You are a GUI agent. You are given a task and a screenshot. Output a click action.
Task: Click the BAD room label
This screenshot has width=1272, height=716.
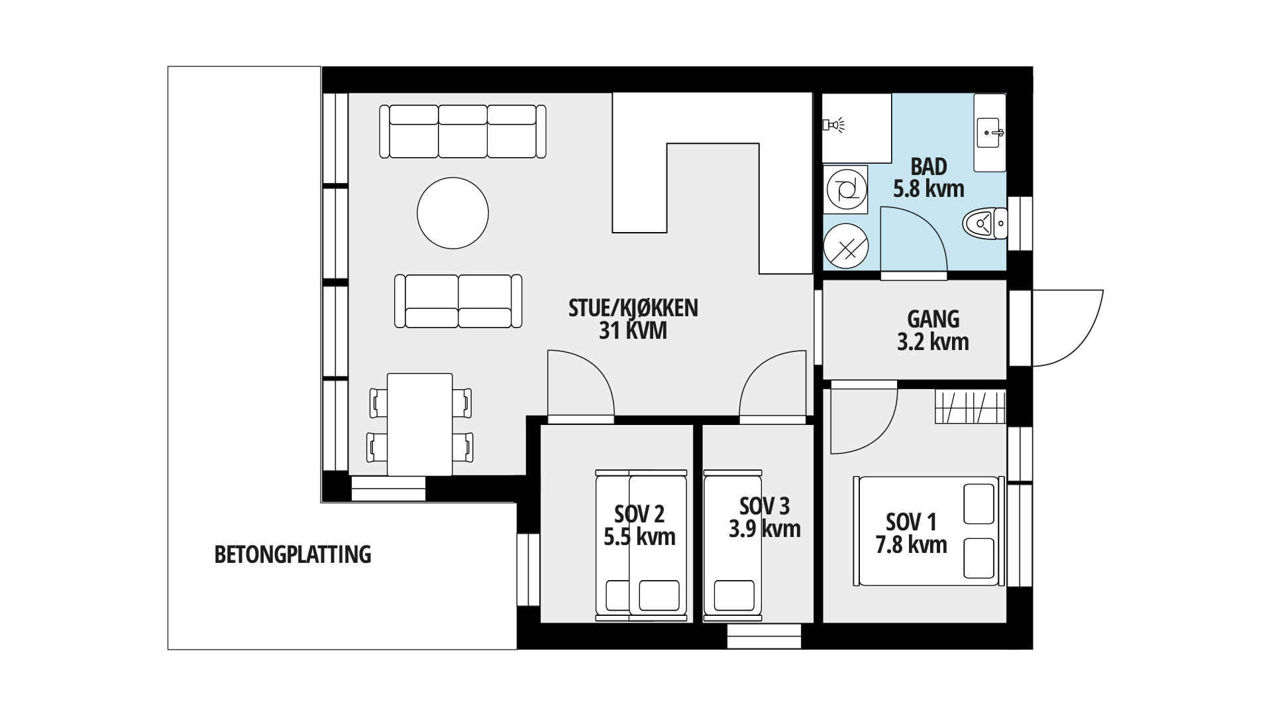(x=929, y=166)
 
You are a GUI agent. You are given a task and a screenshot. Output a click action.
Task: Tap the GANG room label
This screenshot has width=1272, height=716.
(x=933, y=319)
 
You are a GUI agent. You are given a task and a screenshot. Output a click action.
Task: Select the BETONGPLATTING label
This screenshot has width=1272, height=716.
(x=293, y=554)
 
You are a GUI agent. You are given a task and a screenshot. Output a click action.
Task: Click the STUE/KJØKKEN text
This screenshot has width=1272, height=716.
(x=633, y=308)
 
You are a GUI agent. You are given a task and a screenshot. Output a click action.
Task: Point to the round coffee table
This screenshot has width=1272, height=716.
(x=452, y=213)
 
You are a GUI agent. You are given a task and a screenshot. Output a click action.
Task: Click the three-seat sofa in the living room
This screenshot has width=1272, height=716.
(x=463, y=131)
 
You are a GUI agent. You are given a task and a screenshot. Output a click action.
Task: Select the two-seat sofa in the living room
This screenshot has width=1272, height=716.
(x=458, y=301)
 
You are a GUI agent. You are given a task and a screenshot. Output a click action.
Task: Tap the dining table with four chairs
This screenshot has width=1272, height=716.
(x=420, y=424)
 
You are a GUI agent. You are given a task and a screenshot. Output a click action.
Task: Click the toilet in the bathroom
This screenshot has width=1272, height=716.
(x=984, y=223)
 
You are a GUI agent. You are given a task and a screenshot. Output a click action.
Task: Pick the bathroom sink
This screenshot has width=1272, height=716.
(x=990, y=133)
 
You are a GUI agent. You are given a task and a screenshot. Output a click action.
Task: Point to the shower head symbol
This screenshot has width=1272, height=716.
(x=833, y=124)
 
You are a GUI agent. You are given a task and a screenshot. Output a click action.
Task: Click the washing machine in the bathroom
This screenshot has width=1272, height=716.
(x=845, y=190)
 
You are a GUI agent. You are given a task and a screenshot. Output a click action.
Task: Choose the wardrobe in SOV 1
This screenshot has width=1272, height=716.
(x=971, y=407)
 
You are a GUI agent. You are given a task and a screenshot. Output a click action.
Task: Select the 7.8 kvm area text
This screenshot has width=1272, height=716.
(x=911, y=545)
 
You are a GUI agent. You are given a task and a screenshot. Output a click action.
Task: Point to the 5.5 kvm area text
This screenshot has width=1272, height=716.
(x=639, y=536)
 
